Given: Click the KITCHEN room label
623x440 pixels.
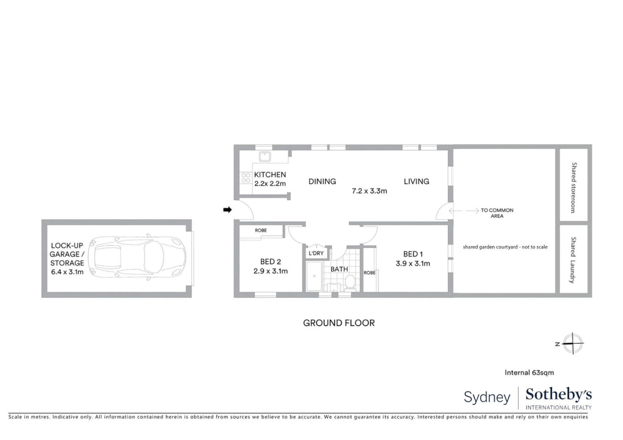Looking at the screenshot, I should point(270,174).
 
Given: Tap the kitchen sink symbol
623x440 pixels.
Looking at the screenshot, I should point(264,156).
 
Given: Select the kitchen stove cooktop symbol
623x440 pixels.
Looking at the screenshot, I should point(246,178).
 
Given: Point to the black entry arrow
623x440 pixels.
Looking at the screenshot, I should point(227,210).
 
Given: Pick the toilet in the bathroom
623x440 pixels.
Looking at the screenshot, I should point(350,282).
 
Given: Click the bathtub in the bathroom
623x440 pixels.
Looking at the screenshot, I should point(314,276).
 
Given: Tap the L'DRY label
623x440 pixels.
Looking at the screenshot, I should point(316,253).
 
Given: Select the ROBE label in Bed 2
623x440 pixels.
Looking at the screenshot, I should point(261,231).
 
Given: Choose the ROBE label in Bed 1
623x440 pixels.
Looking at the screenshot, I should point(370,273).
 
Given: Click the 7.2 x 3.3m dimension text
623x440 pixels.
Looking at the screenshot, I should point(369,191).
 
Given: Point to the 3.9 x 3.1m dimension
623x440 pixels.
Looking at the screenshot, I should point(413,264).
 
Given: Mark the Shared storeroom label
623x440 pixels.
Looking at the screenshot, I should point(574,187).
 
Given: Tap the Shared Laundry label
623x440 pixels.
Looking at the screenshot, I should point(573,260).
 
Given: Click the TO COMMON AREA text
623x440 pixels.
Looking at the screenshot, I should point(497,213).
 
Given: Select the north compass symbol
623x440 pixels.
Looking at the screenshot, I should point(572,343).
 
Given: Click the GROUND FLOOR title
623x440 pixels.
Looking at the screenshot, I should point(339,323).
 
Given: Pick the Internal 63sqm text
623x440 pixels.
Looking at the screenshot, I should point(529,372).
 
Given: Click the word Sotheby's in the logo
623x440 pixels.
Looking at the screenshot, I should point(558,394).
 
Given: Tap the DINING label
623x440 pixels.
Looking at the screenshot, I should point(322,181).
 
